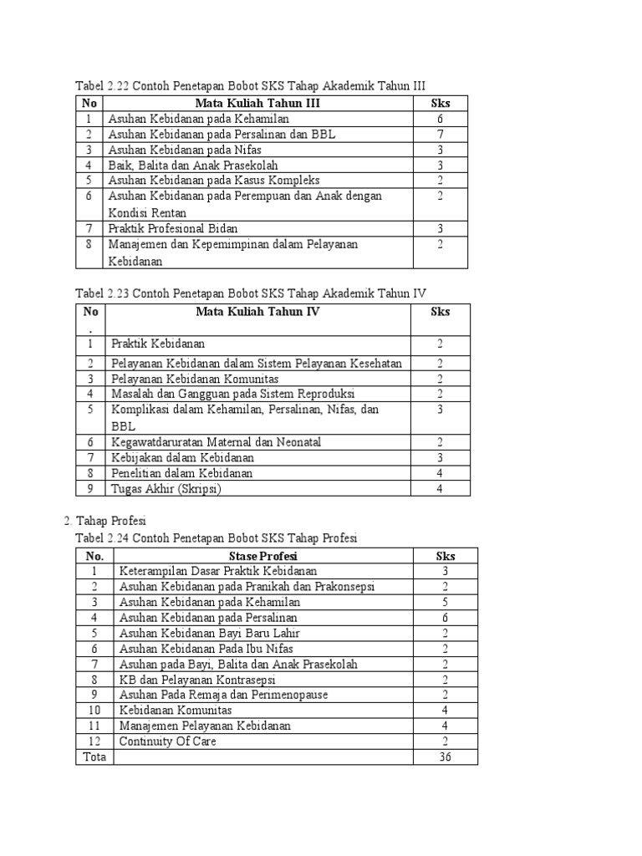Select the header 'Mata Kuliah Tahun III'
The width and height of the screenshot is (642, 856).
257,104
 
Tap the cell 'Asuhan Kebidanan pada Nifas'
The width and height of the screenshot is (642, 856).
179,150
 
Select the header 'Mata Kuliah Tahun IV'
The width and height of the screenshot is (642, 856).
257,312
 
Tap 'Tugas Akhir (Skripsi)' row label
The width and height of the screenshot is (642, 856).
166,489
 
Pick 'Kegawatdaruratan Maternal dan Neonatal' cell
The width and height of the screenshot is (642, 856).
216,442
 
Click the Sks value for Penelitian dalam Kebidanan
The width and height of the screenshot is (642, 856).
440,473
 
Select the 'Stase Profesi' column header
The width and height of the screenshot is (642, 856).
262,556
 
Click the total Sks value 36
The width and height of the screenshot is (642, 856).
445,757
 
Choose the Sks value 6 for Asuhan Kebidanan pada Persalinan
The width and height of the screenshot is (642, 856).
445,618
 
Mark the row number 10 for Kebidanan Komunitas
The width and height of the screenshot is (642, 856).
94,711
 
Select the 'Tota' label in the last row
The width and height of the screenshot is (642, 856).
93,757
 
